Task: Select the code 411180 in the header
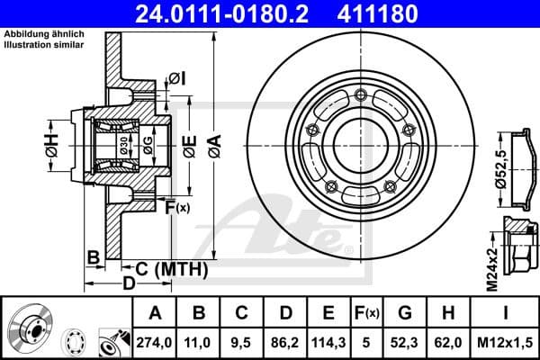tap(403, 15)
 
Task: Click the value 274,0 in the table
tap(155, 341)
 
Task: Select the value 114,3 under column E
tap(329, 341)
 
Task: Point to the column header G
tap(405, 313)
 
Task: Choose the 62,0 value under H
tap(448, 341)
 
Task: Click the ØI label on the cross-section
tap(176, 80)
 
